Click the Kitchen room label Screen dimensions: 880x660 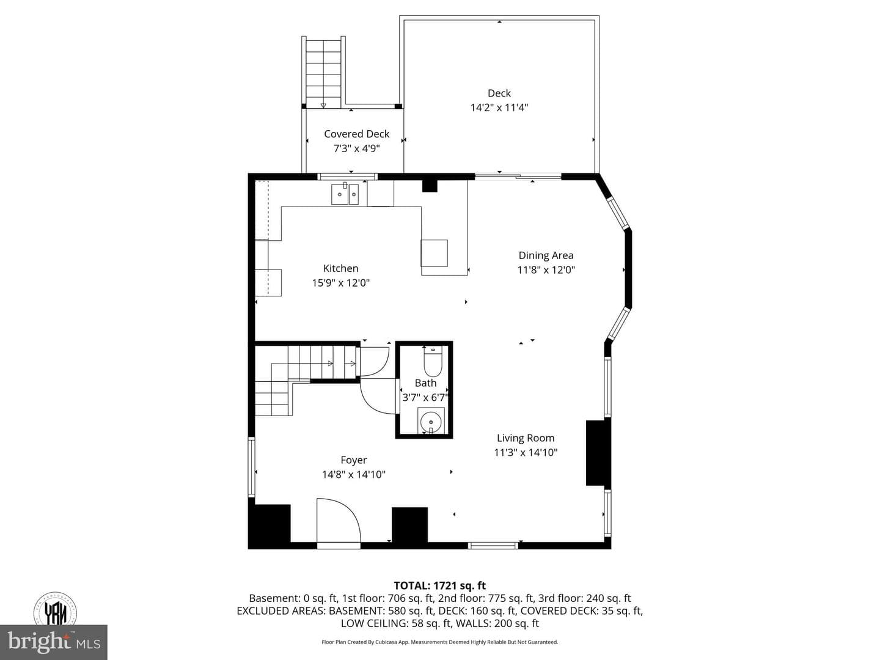340,268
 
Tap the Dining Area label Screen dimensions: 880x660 546,255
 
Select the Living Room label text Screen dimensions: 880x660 526,438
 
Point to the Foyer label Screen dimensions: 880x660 354,460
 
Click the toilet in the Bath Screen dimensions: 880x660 433,362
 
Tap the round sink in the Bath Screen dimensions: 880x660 431,422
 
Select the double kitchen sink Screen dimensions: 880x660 345,194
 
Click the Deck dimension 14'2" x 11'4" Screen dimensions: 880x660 499,108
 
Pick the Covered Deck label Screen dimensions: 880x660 356,134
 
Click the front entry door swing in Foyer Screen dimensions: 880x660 339,521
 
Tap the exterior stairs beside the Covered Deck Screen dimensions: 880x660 323,71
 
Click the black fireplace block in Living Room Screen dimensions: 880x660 598,453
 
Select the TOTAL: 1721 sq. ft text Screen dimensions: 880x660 440,586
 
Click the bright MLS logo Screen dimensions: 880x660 54,642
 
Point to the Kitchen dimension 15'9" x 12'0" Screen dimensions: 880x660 341,283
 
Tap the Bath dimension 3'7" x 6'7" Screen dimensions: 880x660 425,397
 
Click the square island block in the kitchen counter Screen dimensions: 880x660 434,253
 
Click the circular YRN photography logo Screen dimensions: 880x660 55,610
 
